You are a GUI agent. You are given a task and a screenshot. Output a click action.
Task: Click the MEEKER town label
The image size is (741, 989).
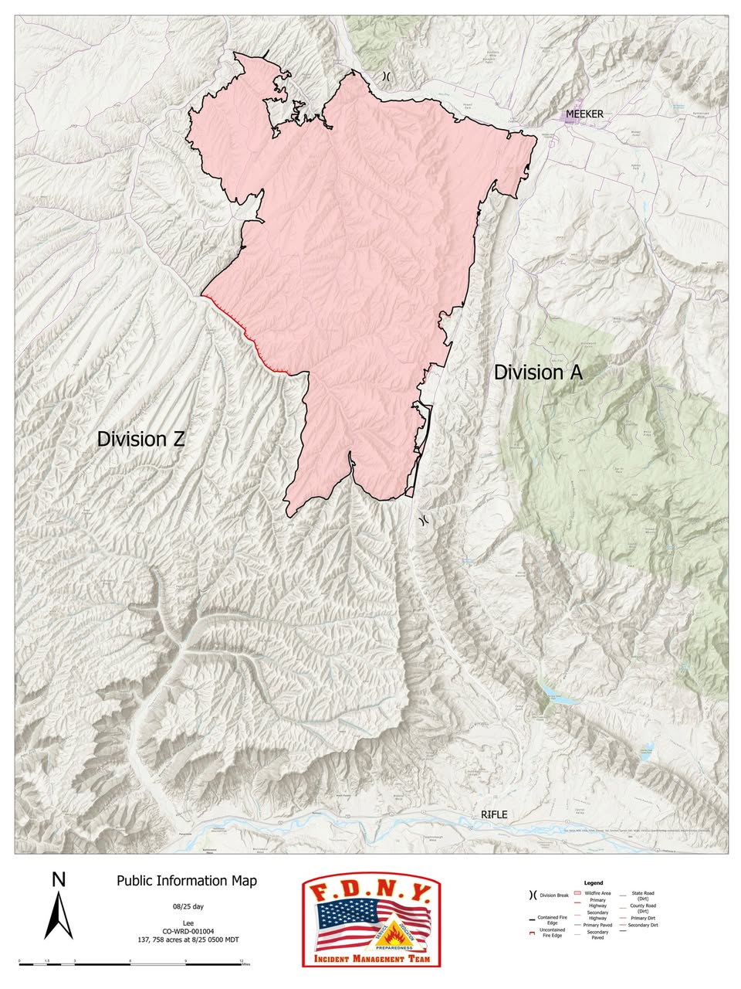coord(584,114)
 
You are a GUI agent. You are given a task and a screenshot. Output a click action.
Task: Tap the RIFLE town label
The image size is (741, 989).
coord(494,814)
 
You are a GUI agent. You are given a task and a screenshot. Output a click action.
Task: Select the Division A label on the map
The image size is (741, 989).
coord(538,372)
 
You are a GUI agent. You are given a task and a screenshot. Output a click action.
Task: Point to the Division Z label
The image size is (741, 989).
coord(140,439)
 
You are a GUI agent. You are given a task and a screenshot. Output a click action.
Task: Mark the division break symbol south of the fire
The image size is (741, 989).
coord(423,520)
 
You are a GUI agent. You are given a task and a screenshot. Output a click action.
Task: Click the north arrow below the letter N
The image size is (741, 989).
coord(58,916)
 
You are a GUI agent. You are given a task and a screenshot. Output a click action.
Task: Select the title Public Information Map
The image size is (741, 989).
coord(187,881)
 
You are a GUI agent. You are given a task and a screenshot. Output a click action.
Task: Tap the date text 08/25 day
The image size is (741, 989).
coord(188,906)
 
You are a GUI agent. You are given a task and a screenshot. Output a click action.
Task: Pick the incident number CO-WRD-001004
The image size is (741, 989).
coord(188,931)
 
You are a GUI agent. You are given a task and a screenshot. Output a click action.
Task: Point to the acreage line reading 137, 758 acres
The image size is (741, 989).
coord(188,940)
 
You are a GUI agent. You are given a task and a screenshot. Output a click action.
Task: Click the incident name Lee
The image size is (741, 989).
coord(188,922)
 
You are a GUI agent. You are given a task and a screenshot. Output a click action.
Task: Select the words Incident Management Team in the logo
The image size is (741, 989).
coord(371,958)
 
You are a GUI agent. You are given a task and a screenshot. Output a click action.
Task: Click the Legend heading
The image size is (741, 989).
coord(594,882)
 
